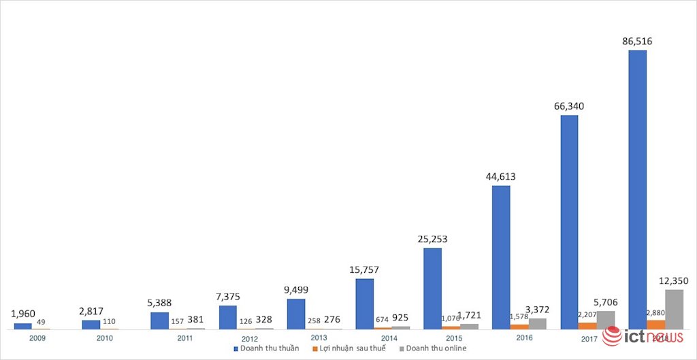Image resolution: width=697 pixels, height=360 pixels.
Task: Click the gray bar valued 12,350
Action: click(674, 310)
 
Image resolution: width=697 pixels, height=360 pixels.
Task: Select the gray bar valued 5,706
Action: click(606, 320)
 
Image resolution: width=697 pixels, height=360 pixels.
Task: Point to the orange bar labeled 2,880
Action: click(655, 325)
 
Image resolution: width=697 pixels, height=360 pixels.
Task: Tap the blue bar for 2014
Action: click(364, 304)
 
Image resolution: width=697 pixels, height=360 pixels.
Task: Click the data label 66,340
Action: click(569, 106)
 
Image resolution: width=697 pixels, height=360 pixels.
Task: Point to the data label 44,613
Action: click(501, 177)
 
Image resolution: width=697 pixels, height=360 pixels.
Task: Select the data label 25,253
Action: click(432, 239)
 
